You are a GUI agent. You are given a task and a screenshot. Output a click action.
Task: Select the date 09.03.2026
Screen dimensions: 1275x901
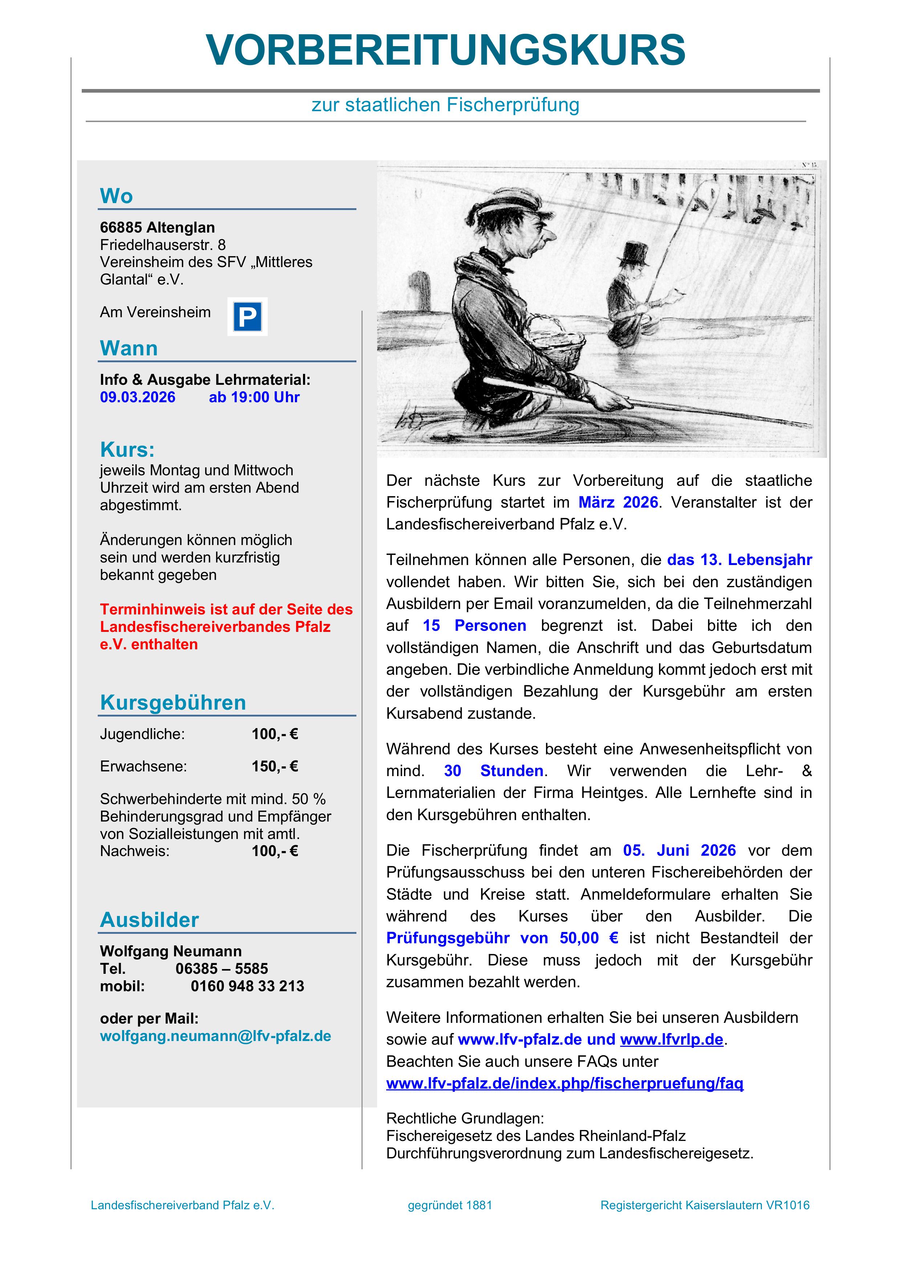click(x=138, y=397)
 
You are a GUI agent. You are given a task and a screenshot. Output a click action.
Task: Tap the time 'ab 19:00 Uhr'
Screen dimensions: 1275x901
click(x=254, y=397)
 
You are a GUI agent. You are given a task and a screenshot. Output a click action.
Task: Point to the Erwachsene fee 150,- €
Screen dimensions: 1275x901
click(x=275, y=766)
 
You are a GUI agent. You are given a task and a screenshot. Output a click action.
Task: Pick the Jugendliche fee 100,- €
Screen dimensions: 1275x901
click(x=275, y=734)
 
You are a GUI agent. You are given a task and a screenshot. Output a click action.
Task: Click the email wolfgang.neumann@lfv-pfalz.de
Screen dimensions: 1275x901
click(x=215, y=1036)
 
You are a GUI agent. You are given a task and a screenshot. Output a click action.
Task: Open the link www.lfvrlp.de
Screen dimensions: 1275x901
click(x=672, y=1040)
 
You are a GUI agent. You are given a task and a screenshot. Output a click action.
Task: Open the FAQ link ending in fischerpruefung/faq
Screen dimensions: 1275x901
click(x=565, y=1084)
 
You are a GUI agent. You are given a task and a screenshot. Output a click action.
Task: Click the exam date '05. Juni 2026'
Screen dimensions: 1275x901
click(x=679, y=850)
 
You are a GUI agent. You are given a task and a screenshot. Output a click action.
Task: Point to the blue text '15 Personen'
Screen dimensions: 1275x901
click(x=474, y=625)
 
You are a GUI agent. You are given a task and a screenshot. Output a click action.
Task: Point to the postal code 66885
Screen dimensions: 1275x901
click(x=120, y=228)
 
